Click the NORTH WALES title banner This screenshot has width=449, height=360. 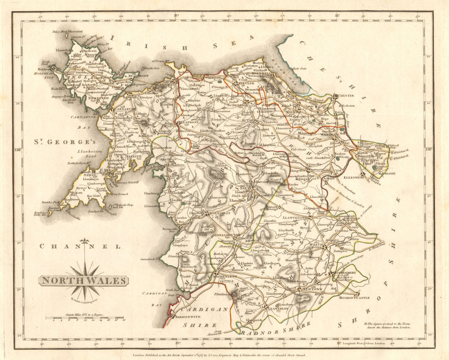click(83, 281)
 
